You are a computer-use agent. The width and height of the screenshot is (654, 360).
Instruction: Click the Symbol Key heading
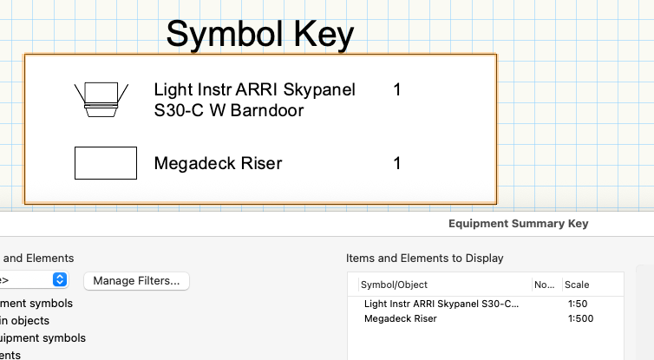tap(259, 35)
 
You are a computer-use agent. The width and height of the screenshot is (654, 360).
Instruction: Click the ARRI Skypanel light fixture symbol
tap(101, 98)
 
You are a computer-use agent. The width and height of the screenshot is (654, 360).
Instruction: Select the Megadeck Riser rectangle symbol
tap(106, 163)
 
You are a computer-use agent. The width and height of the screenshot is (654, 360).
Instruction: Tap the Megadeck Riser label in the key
tap(218, 163)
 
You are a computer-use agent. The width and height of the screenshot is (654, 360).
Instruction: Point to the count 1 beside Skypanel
tap(397, 89)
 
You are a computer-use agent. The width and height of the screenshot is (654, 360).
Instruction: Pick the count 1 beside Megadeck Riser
tap(397, 163)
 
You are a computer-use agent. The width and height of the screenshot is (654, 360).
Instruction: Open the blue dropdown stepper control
tap(60, 279)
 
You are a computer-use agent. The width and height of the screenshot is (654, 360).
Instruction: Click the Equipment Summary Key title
tap(518, 224)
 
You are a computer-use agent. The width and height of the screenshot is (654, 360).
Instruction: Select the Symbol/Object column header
tap(394, 285)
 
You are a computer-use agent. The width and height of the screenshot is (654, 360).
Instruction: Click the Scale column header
tap(576, 285)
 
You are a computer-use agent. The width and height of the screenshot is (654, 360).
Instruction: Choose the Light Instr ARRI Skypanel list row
tap(441, 304)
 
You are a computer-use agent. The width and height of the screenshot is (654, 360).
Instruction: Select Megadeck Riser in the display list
tap(401, 318)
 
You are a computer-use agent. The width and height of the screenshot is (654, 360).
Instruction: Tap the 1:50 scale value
tap(578, 304)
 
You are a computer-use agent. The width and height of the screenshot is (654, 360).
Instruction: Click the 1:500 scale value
tap(580, 318)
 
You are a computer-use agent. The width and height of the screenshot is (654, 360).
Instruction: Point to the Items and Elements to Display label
tap(424, 258)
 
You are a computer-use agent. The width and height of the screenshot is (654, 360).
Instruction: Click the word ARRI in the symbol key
tap(244, 89)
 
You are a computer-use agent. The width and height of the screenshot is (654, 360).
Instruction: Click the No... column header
tap(544, 285)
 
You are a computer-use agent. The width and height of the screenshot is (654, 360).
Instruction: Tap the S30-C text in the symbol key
tap(178, 110)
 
